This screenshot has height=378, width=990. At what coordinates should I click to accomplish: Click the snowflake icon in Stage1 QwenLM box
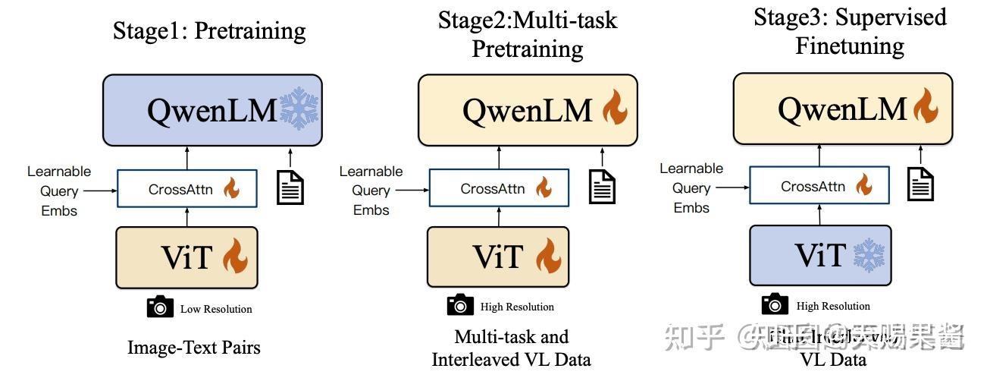pyautogui.click(x=300, y=111)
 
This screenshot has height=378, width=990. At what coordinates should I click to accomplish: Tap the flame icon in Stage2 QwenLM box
pyautogui.click(x=615, y=110)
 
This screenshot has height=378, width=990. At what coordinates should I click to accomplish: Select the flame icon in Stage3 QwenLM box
pyautogui.click(x=925, y=106)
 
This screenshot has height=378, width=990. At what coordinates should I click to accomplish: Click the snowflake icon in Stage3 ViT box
pyautogui.click(x=869, y=255)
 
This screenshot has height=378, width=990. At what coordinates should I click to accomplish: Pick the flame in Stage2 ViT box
pyautogui.click(x=548, y=256)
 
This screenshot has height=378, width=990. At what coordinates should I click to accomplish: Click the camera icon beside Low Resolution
pyautogui.click(x=159, y=307)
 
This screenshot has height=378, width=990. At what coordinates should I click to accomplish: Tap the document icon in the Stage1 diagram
pyautogui.click(x=290, y=187)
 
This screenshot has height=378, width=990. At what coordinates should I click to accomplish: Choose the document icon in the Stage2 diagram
pyautogui.click(x=603, y=186)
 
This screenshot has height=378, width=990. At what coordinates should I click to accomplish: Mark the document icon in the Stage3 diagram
pyautogui.click(x=920, y=184)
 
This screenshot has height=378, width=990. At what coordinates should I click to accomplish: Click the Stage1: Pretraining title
pyautogui.click(x=209, y=31)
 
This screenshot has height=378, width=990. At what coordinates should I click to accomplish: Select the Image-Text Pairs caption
pyautogui.click(x=194, y=348)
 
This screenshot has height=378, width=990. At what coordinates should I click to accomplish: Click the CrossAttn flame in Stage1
pyautogui.click(x=231, y=189)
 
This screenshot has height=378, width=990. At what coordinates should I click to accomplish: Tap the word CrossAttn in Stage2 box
pyautogui.click(x=492, y=188)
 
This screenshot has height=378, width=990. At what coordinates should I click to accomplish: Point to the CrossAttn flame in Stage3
pyautogui.click(x=863, y=184)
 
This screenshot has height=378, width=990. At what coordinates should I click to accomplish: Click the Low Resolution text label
pyautogui.click(x=216, y=309)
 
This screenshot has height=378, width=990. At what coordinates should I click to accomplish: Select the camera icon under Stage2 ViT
pyautogui.click(x=460, y=305)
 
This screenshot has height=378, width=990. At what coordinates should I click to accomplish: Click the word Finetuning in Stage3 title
pyautogui.click(x=849, y=46)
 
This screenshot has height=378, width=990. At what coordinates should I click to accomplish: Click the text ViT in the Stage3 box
pyautogui.click(x=820, y=256)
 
